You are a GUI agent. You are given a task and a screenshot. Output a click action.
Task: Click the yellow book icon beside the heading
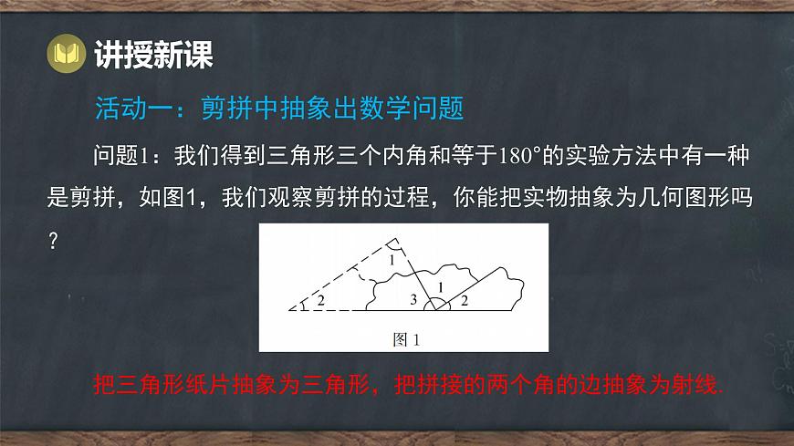pos(68,56)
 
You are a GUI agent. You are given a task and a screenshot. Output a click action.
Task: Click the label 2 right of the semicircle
pos(463,299)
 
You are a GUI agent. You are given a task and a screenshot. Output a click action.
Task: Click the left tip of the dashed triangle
pos(288,310)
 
